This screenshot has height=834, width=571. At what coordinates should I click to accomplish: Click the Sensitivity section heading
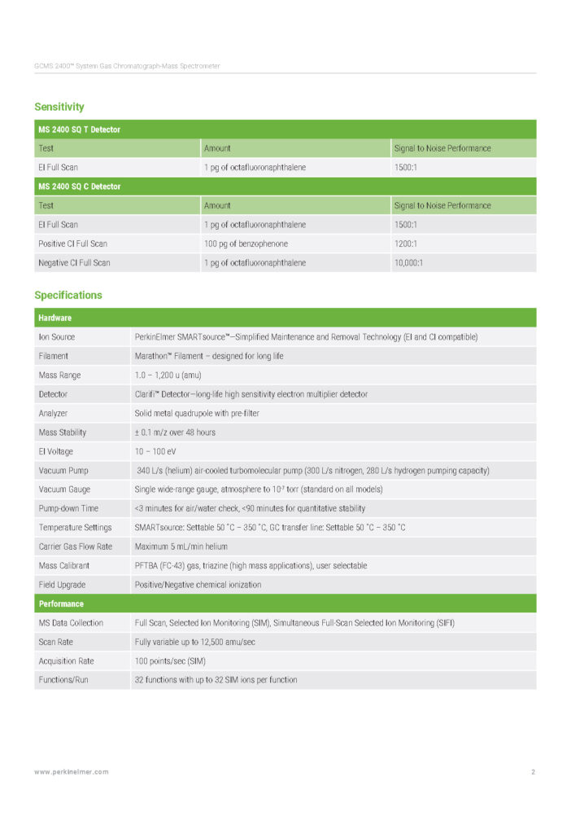click(x=59, y=107)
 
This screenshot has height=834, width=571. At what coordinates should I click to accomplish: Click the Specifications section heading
click(x=68, y=295)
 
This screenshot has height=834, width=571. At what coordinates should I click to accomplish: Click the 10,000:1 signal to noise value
click(x=409, y=263)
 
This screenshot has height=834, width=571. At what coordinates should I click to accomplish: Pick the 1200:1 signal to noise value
click(x=406, y=244)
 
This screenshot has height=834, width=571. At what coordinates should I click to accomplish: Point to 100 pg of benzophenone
click(x=246, y=244)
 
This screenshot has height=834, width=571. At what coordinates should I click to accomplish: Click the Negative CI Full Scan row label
click(x=74, y=263)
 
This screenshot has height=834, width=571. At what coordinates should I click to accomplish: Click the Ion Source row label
click(x=57, y=337)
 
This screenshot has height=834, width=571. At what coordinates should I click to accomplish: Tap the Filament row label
click(x=54, y=356)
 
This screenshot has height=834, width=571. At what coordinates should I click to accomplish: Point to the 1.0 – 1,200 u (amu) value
click(x=168, y=375)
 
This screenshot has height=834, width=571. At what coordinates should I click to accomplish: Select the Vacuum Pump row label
click(x=63, y=471)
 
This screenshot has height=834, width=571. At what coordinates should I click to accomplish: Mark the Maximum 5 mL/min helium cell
click(x=181, y=546)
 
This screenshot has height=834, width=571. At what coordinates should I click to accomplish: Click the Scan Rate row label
click(x=57, y=642)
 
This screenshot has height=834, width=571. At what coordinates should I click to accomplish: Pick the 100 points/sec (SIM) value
click(x=169, y=661)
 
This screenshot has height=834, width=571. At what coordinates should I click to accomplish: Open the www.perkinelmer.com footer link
click(x=72, y=772)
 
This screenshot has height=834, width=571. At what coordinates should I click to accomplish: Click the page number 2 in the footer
click(x=533, y=772)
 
